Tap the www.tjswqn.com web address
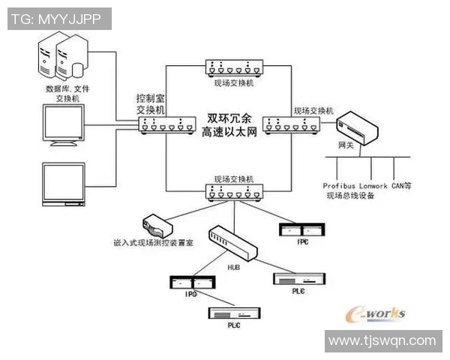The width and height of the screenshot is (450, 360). [x=382, y=340]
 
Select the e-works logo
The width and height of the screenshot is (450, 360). [x=374, y=313]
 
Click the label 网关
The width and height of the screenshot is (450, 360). [x=346, y=145]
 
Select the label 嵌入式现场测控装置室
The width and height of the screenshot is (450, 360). [x=154, y=243]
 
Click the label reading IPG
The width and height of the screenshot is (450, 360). [x=190, y=296]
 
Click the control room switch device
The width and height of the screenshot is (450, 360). [x=165, y=125]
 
